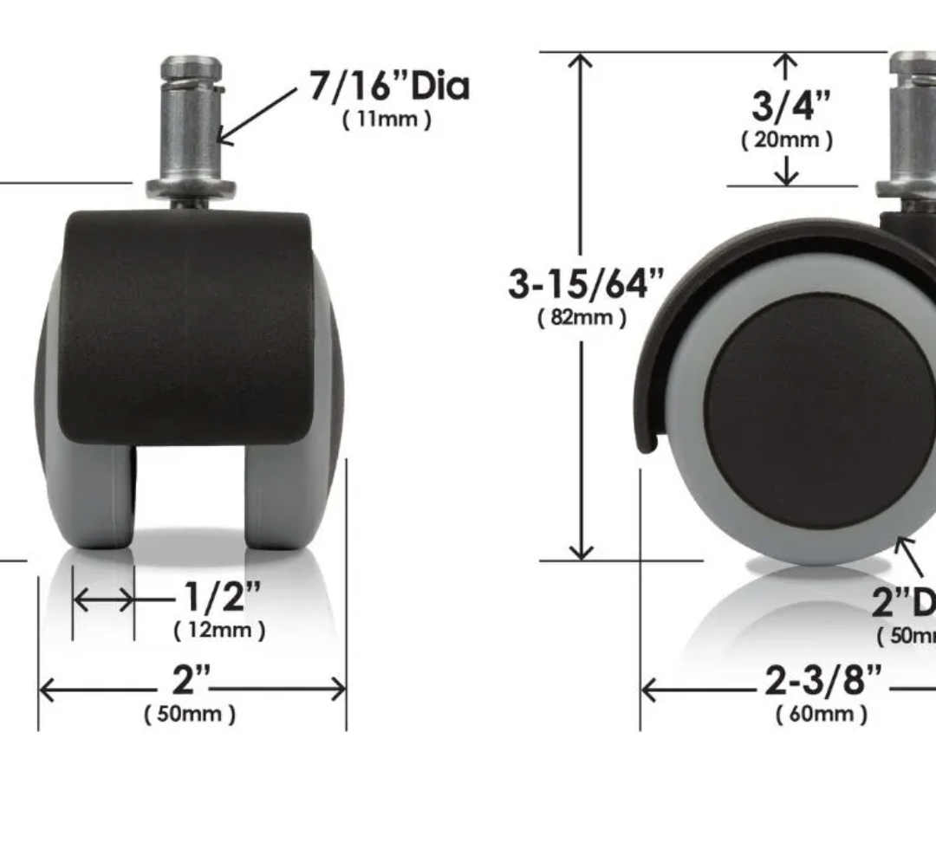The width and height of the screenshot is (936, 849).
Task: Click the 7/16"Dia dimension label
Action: pyautogui.click(x=389, y=87)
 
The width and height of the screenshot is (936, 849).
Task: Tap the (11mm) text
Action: pyautogui.click(x=387, y=120)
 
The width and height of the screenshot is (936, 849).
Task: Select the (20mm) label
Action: pyautogui.click(x=787, y=139)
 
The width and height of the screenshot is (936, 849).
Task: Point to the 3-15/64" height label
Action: pyautogui.click(x=587, y=283)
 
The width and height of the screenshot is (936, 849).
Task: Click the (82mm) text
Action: pyautogui.click(x=582, y=317)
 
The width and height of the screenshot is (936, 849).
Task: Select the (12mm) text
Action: pyautogui.click(x=220, y=630)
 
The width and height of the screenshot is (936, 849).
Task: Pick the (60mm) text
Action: pyautogui.click(x=821, y=715)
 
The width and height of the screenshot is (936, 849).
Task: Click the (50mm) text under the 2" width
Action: pyautogui.click(x=190, y=715)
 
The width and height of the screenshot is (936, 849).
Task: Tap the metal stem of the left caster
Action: pyautogui.click(x=190, y=121)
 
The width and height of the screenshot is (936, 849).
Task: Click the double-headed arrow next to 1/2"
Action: pyautogui.click(x=103, y=599)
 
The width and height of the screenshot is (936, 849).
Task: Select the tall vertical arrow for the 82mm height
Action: pyautogui.click(x=582, y=433)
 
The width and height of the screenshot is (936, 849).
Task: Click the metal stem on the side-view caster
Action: pyautogui.click(x=910, y=121)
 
